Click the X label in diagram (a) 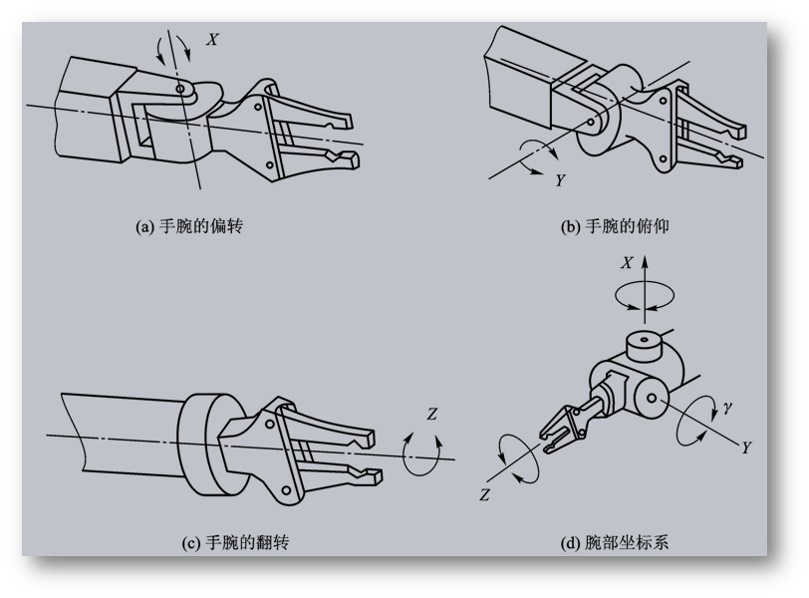pyautogui.click(x=211, y=40)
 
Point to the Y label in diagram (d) pyautogui.click(x=745, y=448)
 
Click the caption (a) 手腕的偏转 pyautogui.click(x=189, y=226)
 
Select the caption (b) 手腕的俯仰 pyautogui.click(x=615, y=226)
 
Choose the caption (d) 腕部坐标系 pyautogui.click(x=615, y=543)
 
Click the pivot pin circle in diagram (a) pyautogui.click(x=180, y=90)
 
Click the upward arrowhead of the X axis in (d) pyautogui.click(x=645, y=261)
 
